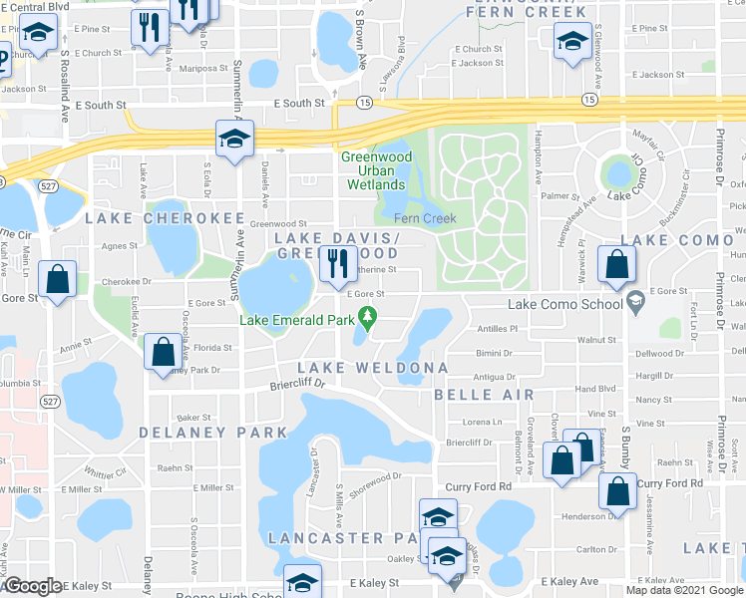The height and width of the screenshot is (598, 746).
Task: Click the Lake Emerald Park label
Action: tap(299, 320)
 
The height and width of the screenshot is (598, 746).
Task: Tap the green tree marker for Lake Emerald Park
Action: tap(368, 318)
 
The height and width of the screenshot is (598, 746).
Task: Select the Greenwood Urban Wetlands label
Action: tap(374, 170)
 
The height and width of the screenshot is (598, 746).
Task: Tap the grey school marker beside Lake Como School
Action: tap(634, 300)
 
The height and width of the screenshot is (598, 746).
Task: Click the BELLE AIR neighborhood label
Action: tap(478, 395)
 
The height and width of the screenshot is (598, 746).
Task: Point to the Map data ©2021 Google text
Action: tap(684, 590)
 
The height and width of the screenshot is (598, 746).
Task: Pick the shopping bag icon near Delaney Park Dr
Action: tap(163, 353)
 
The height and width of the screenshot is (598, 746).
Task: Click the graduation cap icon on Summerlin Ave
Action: tap(235, 140)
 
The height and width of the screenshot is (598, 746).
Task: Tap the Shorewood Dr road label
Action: tap(374, 478)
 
